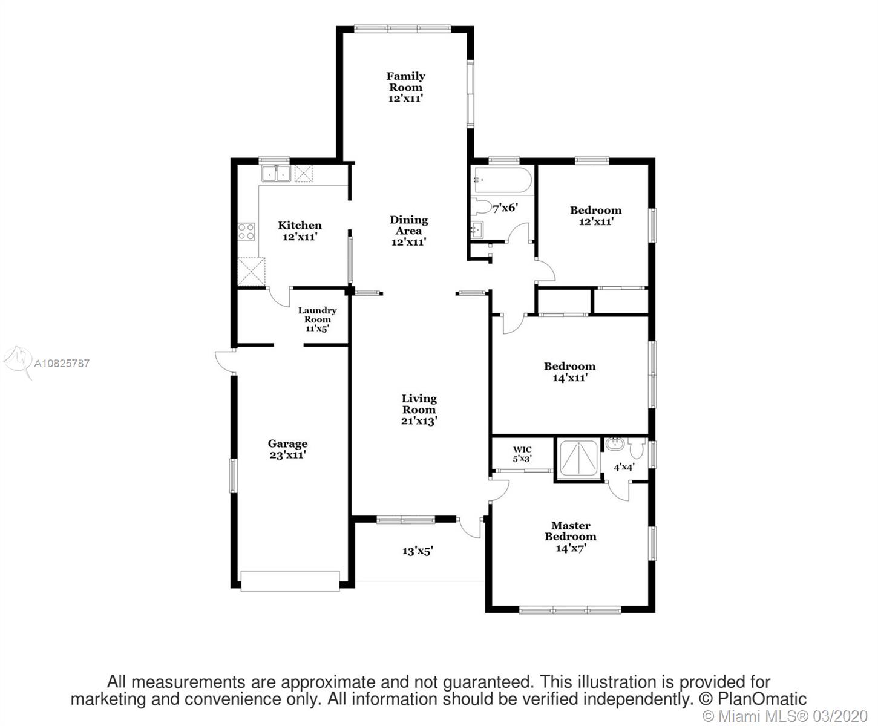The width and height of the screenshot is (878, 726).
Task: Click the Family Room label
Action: tap(406, 88)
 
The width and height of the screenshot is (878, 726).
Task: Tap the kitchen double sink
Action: tap(276, 173)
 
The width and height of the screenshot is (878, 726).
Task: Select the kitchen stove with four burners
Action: tap(246, 231)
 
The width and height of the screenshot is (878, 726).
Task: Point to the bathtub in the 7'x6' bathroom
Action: tap(501, 180)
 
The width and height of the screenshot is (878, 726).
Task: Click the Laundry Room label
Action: tap(317, 319)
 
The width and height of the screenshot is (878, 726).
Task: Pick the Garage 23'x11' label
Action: tap(287, 449)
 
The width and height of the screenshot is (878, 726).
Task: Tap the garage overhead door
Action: tap(290, 581)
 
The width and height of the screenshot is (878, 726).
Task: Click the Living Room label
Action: tap(419, 410)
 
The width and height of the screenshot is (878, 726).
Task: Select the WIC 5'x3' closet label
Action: tap(522, 454)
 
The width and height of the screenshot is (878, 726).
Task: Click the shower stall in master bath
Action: tap(578, 459)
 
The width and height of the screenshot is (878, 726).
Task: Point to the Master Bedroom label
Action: tap(571, 537)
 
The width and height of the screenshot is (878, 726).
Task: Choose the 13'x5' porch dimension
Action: tap(418, 551)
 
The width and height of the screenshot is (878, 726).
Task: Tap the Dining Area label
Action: tap(408, 231)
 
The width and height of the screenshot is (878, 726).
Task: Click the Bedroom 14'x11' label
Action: tap(570, 371)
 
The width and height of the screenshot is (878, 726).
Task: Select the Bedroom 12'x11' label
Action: tap(596, 215)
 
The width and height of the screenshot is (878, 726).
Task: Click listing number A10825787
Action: tap(61, 363)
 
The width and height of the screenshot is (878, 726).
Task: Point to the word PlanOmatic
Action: tap(762, 699)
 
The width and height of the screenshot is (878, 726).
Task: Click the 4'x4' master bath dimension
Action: tap(624, 467)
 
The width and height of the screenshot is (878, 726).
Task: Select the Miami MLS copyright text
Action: tap(785, 716)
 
